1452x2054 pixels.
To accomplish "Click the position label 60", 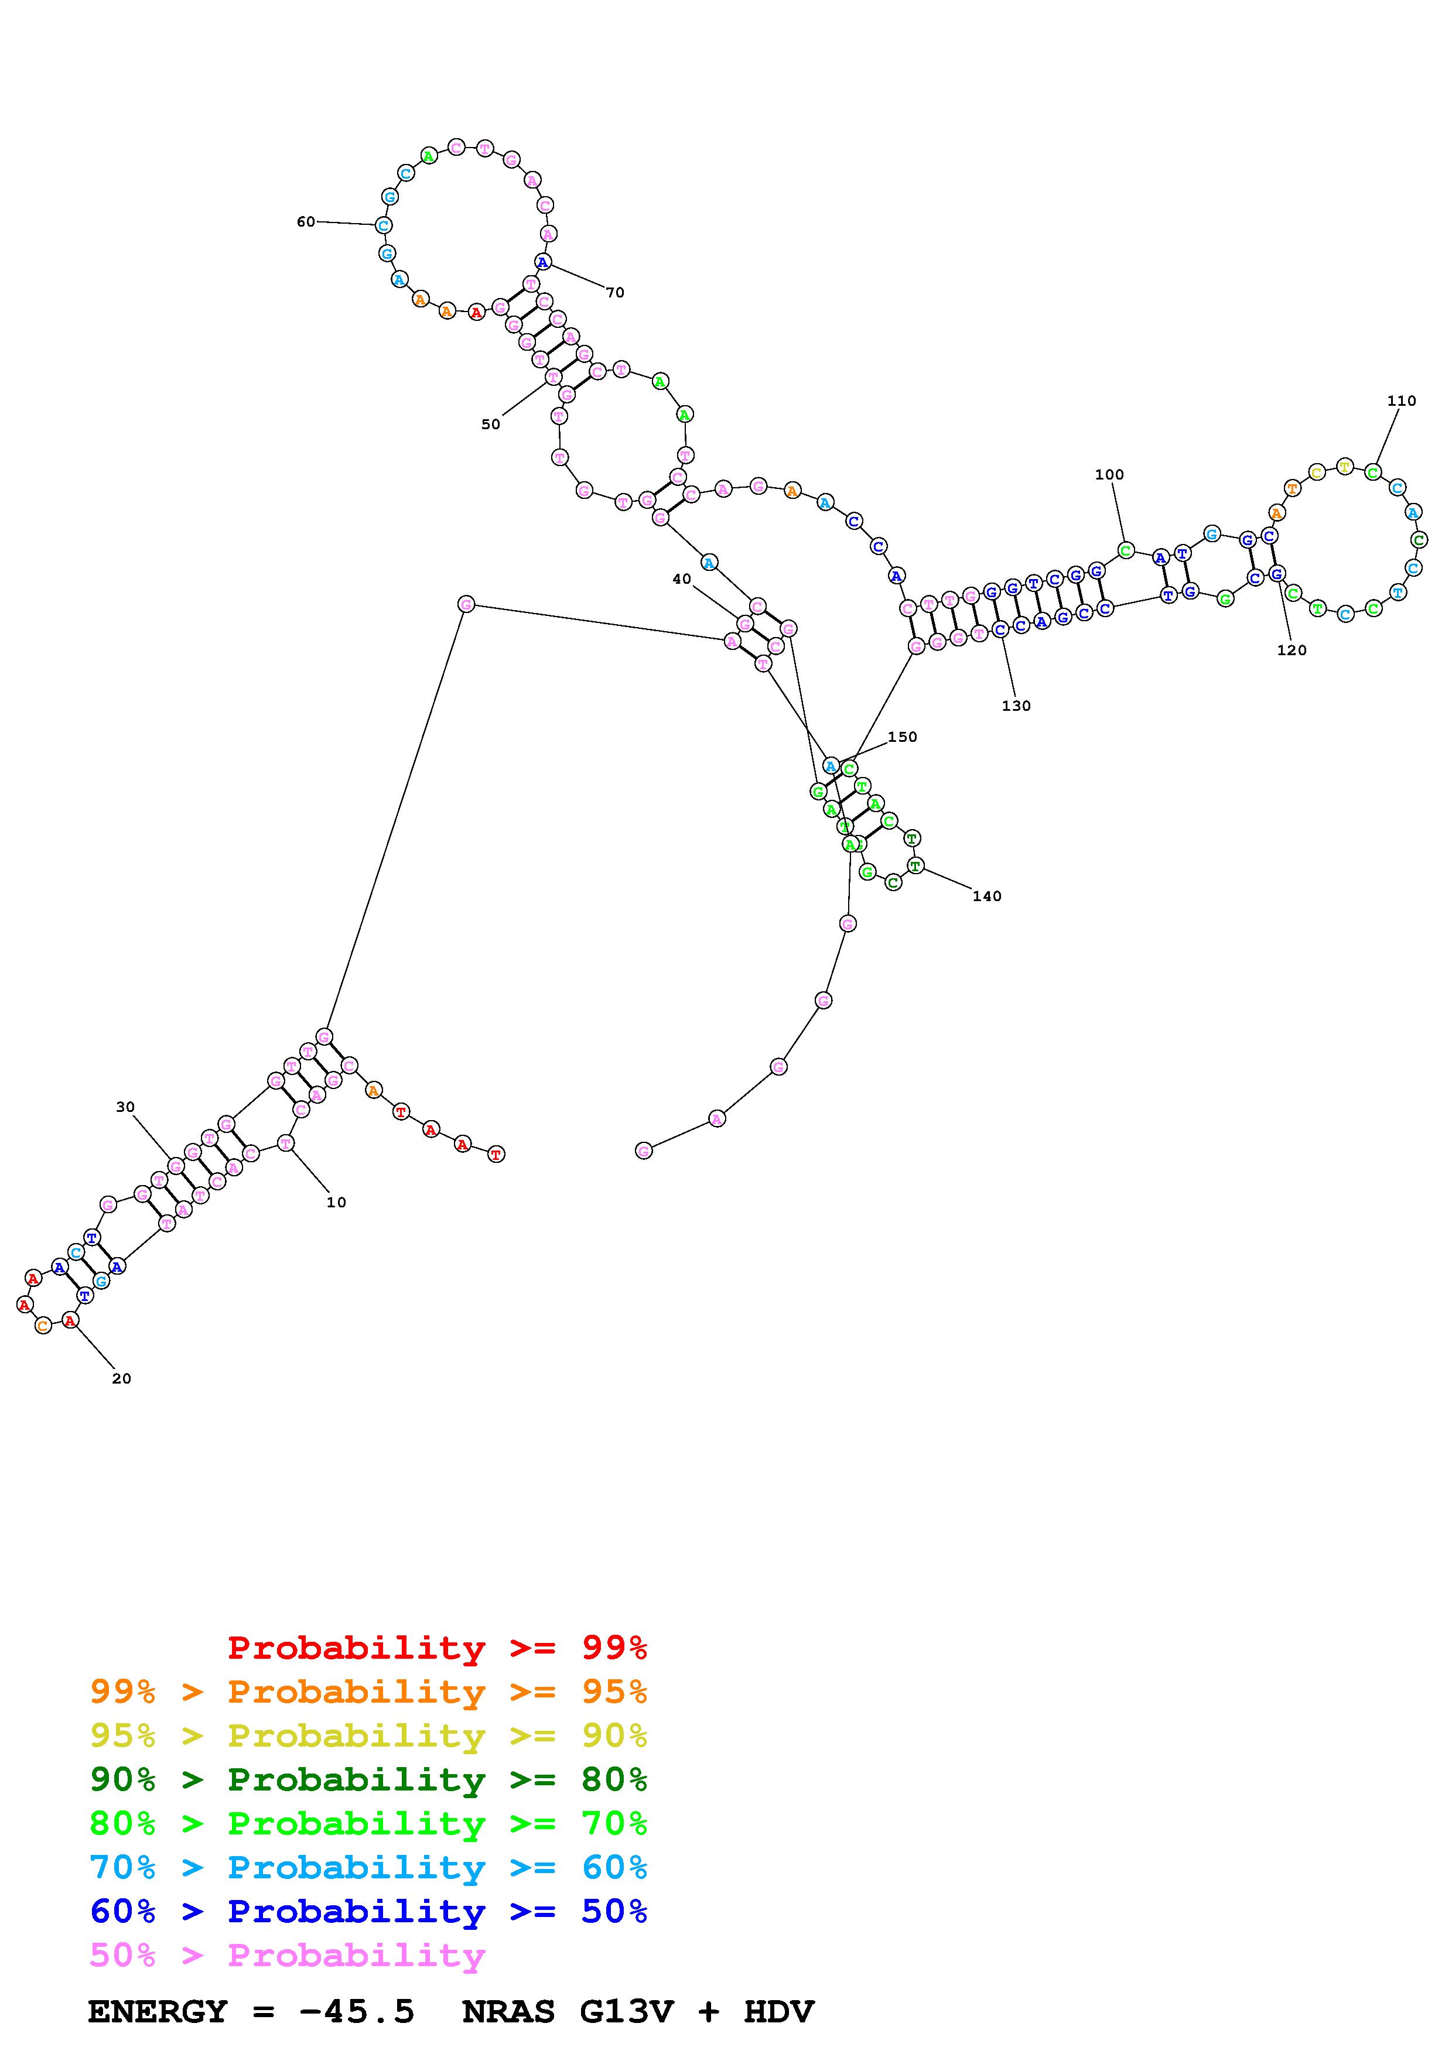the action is (306, 222).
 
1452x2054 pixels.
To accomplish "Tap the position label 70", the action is (614, 293).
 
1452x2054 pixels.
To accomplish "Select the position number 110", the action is (1401, 400).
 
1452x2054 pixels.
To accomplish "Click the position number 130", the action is (1016, 706).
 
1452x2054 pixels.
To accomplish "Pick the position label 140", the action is (987, 896).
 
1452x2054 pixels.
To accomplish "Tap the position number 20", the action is (122, 1378).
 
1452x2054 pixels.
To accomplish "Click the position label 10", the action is (336, 1202).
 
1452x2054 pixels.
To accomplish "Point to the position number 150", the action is (902, 737).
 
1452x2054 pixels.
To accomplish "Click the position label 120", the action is (1291, 651).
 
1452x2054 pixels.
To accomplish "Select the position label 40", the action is (682, 579).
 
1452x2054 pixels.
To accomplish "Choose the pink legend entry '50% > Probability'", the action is (287, 1956).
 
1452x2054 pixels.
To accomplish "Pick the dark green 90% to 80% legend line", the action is (368, 1779).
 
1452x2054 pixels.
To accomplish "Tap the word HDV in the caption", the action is (778, 2012).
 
